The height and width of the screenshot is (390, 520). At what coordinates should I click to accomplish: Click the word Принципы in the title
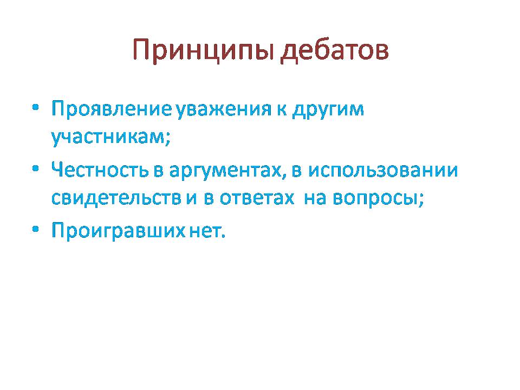204,51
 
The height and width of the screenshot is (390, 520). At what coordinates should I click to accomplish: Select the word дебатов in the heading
335,50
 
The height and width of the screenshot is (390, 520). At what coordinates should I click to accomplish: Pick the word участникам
108,137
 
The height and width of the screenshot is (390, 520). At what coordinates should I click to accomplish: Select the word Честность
100,170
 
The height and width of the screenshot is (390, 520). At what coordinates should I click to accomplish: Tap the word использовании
383,170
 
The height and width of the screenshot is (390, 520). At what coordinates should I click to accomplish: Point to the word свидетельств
117,199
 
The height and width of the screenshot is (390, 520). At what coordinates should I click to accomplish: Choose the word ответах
257,199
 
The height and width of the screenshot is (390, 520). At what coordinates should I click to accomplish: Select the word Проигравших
118,231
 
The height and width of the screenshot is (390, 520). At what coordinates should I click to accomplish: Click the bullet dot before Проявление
36,107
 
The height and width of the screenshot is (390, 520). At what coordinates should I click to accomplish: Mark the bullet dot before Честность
36,168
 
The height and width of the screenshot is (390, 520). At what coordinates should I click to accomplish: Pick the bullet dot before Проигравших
36,229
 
